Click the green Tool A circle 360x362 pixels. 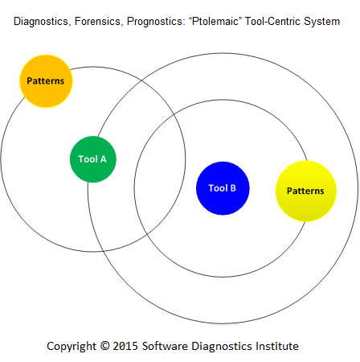click(93, 159)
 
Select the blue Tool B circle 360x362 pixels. click(223, 188)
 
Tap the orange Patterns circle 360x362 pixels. click(46, 81)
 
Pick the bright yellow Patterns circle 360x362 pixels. click(306, 191)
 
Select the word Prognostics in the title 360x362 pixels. click(156, 22)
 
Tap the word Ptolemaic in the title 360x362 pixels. click(215, 21)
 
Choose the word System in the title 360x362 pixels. click(321, 22)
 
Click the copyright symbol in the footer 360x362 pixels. click(104, 345)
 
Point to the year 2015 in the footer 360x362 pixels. click(125, 346)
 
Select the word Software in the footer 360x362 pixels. click(165, 346)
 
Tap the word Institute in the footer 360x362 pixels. click(277, 346)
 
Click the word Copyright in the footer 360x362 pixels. click(72, 347)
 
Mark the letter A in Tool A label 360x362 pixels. click(104, 159)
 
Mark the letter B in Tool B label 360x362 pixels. click(233, 188)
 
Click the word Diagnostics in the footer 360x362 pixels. click(222, 347)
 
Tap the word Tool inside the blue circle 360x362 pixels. click(218, 188)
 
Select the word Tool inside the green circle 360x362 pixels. click(88, 159)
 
